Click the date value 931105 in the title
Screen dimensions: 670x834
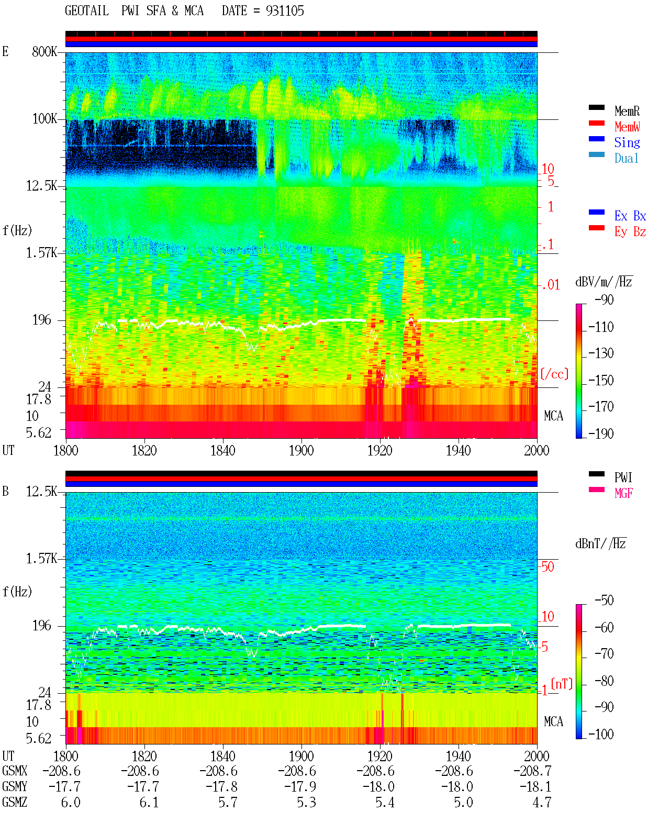[285, 11]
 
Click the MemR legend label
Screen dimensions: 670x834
[627, 111]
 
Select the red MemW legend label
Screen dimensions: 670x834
[627, 127]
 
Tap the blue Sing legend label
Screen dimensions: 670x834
[627, 142]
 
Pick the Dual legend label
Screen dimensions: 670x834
[627, 158]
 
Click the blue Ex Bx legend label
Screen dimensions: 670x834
[630, 216]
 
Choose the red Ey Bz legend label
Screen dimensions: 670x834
[630, 232]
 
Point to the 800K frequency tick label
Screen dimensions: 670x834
[44, 51]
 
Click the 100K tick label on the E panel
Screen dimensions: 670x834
[44, 119]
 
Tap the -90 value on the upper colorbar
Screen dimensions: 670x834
[604, 299]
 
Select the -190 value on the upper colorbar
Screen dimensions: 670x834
[601, 433]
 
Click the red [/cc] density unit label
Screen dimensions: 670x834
[554, 374]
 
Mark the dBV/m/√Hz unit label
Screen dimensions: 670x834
[604, 282]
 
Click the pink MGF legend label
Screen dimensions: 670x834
[624, 493]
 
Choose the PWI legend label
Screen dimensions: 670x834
[623, 477]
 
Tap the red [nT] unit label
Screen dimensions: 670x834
[562, 684]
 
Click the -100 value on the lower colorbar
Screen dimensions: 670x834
[601, 734]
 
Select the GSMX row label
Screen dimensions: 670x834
[15, 771]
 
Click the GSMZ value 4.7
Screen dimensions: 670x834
[542, 802]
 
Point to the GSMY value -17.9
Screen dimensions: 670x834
[300, 787]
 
